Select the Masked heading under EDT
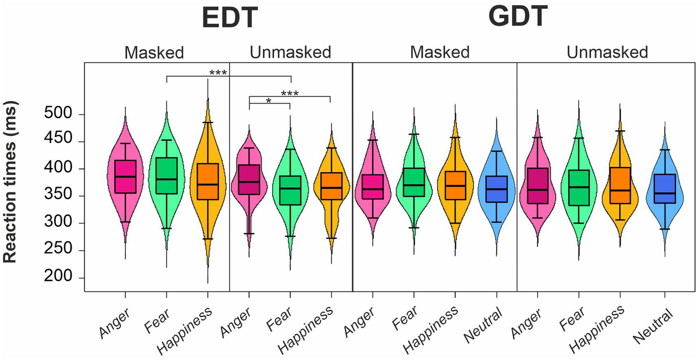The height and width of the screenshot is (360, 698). click(x=154, y=53)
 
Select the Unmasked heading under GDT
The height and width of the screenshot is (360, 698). click(x=607, y=52)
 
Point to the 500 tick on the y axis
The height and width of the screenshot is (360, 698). click(x=61, y=114)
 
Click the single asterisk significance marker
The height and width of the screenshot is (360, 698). click(x=268, y=101)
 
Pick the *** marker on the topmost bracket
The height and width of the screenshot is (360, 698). click(x=218, y=73)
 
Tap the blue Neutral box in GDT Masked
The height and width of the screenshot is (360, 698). click(x=497, y=189)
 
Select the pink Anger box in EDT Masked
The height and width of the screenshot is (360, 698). click(x=125, y=176)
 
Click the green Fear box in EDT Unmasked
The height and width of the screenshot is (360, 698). click(x=290, y=190)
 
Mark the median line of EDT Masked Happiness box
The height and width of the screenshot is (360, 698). click(x=207, y=185)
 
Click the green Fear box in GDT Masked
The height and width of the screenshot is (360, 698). click(x=414, y=182)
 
